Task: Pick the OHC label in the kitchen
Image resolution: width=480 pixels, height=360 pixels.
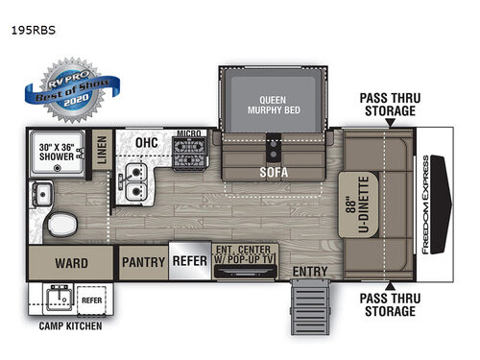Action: coord(146,144)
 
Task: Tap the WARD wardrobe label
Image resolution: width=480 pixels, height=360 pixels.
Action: coord(70,263)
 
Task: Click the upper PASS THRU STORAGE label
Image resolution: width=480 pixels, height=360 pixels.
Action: coord(389,105)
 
